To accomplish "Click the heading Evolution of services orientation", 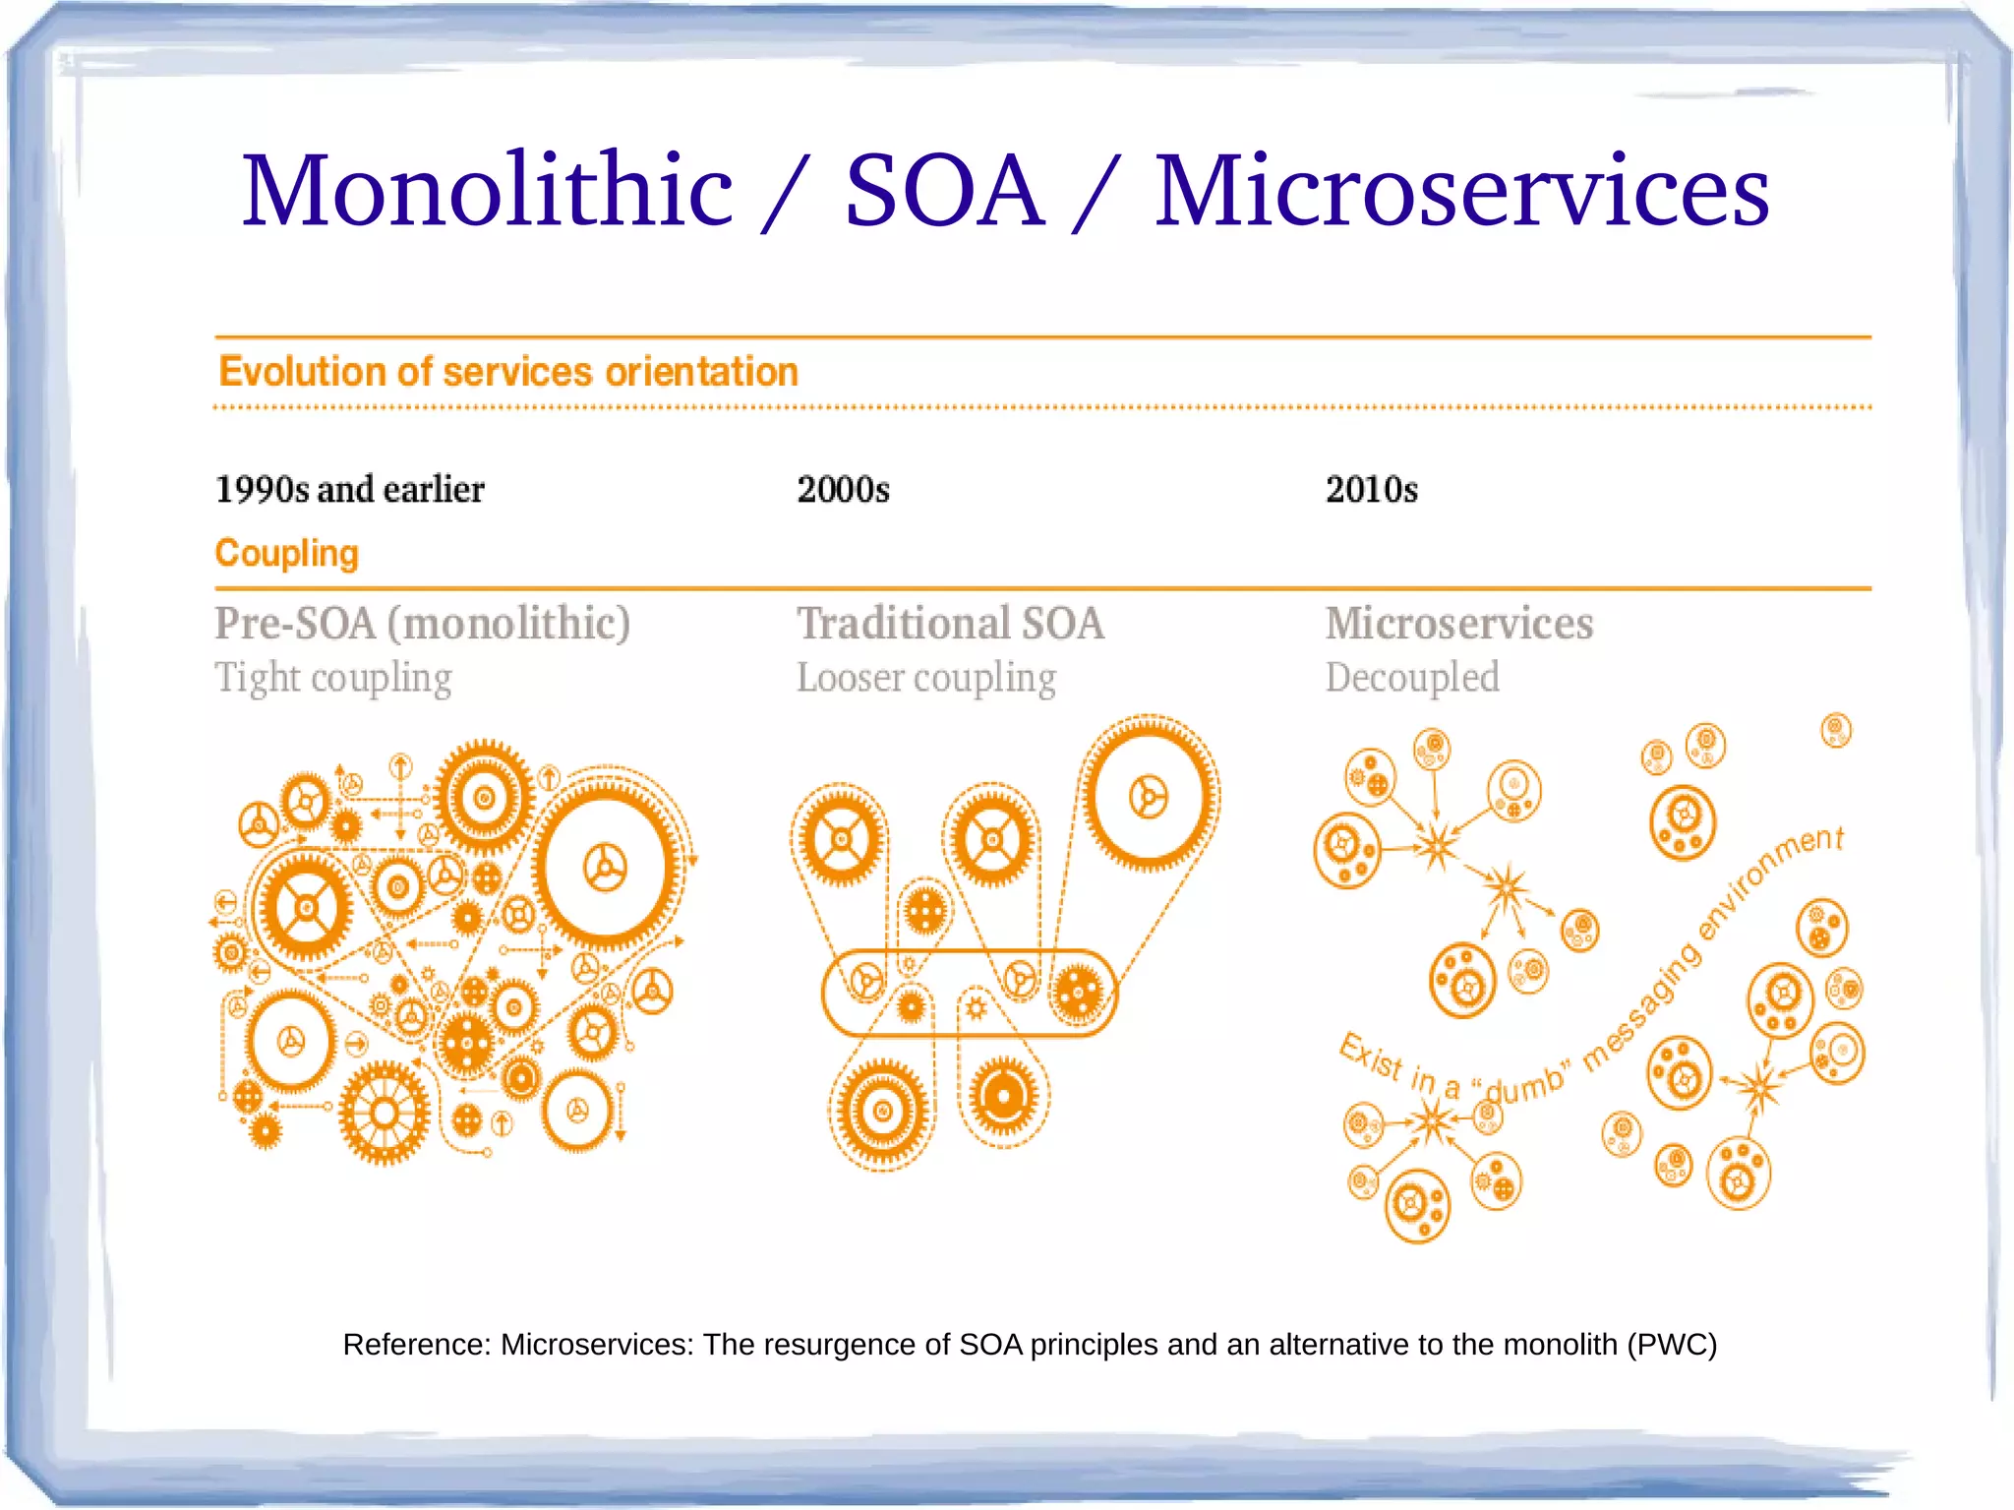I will click(507, 372).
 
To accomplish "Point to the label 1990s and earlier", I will click(349, 489).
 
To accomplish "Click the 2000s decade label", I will click(843, 489).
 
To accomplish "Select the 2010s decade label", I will click(1371, 489).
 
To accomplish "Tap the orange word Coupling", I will click(286, 553).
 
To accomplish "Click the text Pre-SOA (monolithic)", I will click(422, 623).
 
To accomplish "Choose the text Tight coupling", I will click(333, 678).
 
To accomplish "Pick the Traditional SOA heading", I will click(950, 623).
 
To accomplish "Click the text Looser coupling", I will click(925, 678).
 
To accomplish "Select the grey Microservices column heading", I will click(1458, 623).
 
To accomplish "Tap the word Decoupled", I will click(1411, 678).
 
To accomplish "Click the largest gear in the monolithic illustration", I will click(605, 868).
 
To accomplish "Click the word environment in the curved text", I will click(1770, 880).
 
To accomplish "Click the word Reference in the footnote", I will click(415, 1344).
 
